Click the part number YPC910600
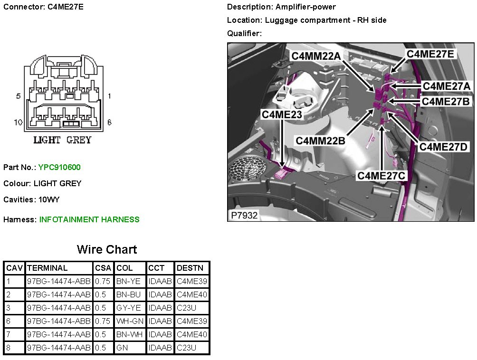coord(59,167)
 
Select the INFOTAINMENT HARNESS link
coord(89,219)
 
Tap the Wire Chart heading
coord(107,250)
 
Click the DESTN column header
coord(190,268)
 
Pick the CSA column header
coord(103,268)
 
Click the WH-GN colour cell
coord(130,321)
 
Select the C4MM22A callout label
coord(316,57)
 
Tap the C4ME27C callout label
coord(381,176)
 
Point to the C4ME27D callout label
coord(444,147)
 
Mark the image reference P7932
coord(244,215)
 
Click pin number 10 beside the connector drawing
coord(18,123)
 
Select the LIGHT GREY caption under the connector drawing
coord(62,140)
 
